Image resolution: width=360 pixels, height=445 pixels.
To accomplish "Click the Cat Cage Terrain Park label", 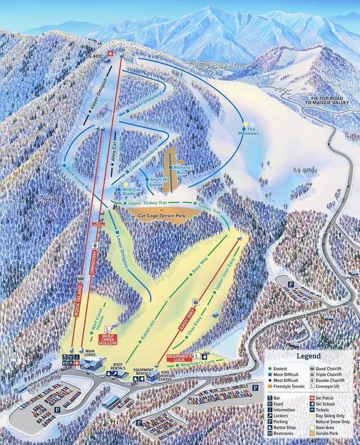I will (161, 212).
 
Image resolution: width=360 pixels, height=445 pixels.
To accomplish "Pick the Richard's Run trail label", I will (183, 170).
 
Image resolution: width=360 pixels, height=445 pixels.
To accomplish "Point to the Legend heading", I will (309, 356).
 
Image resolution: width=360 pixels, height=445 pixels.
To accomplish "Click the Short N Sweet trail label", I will (157, 183).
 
